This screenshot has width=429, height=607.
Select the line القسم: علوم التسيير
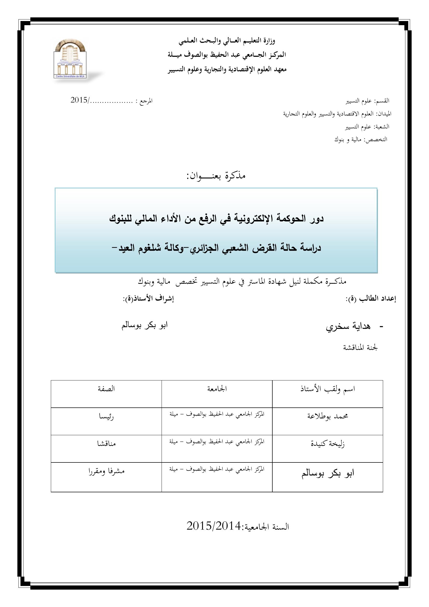pyautogui.click(x=368, y=101)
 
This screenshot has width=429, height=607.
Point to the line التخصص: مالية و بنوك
pyautogui.click(x=361, y=139)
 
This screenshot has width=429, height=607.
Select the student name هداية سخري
pyautogui.click(x=348, y=327)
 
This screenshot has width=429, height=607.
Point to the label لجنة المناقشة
pyautogui.click(x=360, y=348)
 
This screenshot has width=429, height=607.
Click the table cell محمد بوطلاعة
pyautogui.click(x=328, y=416)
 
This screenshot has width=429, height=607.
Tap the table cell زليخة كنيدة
pyautogui.click(x=328, y=443)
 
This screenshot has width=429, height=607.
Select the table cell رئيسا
pyautogui.click(x=106, y=417)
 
